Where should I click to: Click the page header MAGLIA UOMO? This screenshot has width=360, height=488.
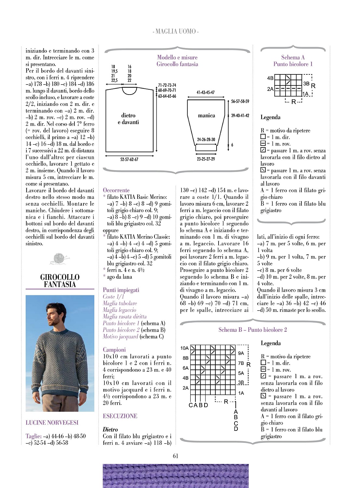click(x=176, y=32)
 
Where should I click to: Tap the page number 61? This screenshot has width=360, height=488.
click(x=176, y=456)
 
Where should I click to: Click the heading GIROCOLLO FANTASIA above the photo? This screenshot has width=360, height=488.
click(x=60, y=281)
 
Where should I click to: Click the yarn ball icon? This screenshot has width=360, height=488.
click(x=60, y=259)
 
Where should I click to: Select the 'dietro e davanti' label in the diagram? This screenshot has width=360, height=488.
click(x=128, y=119)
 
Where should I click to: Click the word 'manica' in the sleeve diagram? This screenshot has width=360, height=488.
click(x=207, y=115)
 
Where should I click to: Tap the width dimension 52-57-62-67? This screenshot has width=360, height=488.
click(x=129, y=159)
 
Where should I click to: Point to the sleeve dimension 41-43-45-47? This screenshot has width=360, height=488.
click(x=206, y=92)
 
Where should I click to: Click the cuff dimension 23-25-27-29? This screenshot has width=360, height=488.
click(x=206, y=159)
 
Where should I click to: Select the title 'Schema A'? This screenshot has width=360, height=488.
click(x=293, y=57)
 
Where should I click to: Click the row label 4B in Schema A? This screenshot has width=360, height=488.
click(x=270, y=78)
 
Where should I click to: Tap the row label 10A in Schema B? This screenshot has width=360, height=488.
click(x=184, y=348)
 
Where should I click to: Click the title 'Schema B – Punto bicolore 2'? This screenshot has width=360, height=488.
click(x=253, y=330)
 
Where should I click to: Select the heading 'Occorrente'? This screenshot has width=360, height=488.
click(x=116, y=190)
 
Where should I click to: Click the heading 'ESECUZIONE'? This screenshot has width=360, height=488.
click(x=120, y=416)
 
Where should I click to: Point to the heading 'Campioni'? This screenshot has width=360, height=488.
click(x=114, y=350)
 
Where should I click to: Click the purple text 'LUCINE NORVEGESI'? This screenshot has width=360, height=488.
click(x=52, y=422)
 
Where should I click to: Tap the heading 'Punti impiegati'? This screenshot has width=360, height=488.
click(x=121, y=290)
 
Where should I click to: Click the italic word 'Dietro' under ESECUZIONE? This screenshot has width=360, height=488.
click(x=110, y=430)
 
